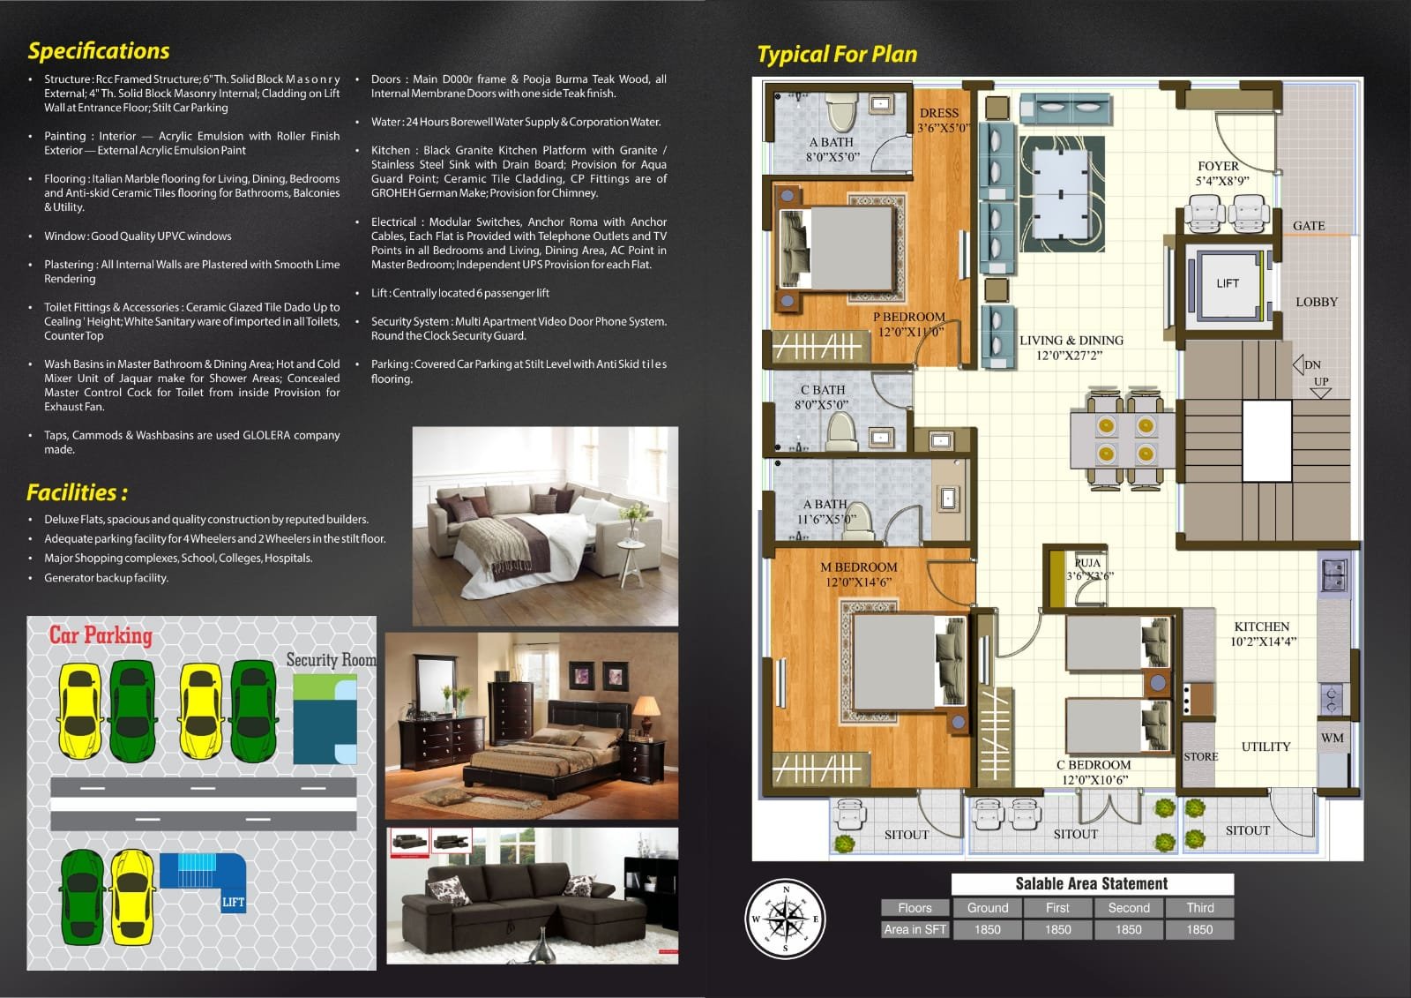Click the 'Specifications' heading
click(x=99, y=51)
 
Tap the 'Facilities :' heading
click(x=77, y=492)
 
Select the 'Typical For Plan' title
click(x=837, y=55)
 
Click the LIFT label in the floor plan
click(x=1227, y=284)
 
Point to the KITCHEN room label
click(x=1262, y=627)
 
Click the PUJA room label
click(x=1088, y=562)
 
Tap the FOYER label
click(x=1218, y=166)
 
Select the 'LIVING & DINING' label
click(x=1071, y=341)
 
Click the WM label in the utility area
click(x=1333, y=738)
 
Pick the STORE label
click(x=1200, y=756)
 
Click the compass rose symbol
click(x=786, y=919)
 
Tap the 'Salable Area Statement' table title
click(x=1092, y=884)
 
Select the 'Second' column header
click(x=1129, y=908)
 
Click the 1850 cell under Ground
click(x=987, y=930)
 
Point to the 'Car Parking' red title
click(x=101, y=635)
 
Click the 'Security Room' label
click(x=332, y=660)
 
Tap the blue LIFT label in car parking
click(x=233, y=902)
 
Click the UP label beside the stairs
click(x=1321, y=381)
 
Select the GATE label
click(x=1309, y=226)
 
